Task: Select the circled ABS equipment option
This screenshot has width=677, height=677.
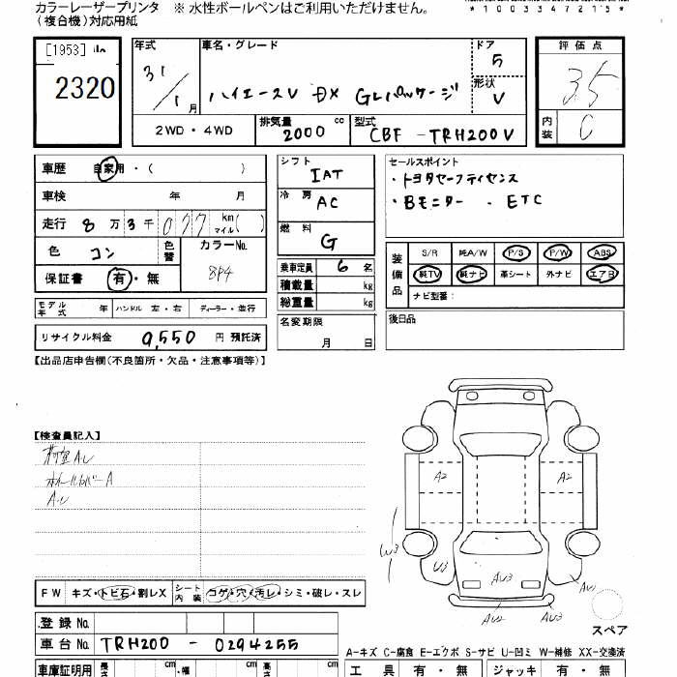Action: click(x=603, y=252)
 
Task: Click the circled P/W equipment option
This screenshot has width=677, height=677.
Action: click(x=560, y=252)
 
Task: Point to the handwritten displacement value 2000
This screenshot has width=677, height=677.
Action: click(x=307, y=132)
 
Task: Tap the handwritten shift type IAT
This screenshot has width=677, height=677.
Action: click(x=326, y=176)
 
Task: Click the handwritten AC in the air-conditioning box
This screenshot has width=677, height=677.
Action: click(x=327, y=203)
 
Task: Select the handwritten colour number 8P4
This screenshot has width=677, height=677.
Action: click(x=220, y=274)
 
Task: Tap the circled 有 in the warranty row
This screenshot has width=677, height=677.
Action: click(x=117, y=279)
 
